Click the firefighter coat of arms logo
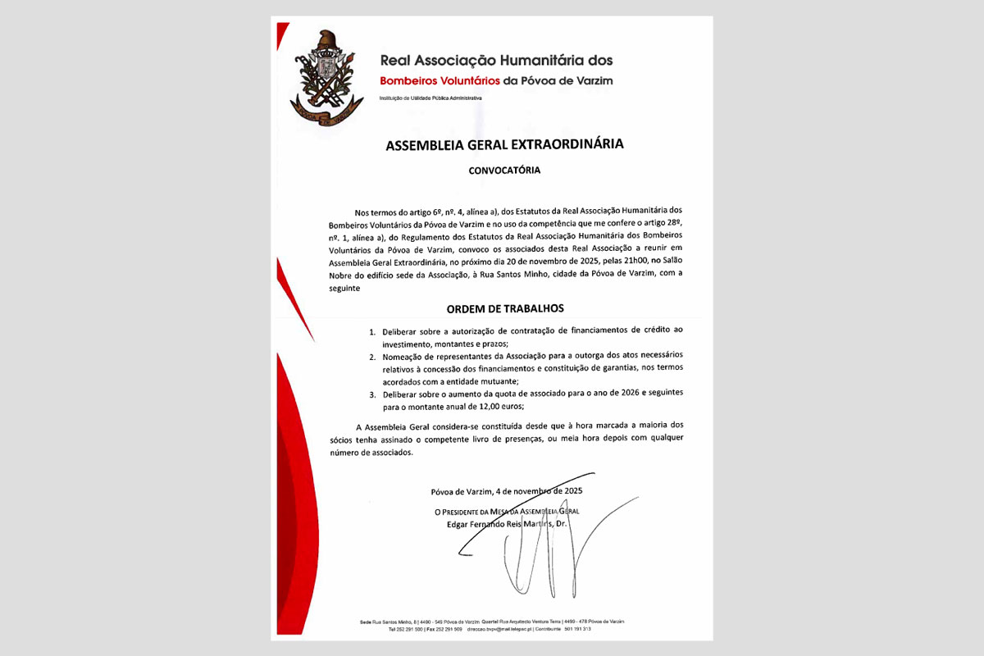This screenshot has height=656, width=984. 326,78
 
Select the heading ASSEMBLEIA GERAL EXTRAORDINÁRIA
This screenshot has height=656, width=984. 504,144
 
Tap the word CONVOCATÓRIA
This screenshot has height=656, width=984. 504,171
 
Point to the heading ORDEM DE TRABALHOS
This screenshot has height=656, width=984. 505,308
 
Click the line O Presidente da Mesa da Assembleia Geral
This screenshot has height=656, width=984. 506,511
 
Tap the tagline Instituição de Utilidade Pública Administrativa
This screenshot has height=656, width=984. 430,98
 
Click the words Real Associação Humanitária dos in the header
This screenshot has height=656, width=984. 496,60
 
